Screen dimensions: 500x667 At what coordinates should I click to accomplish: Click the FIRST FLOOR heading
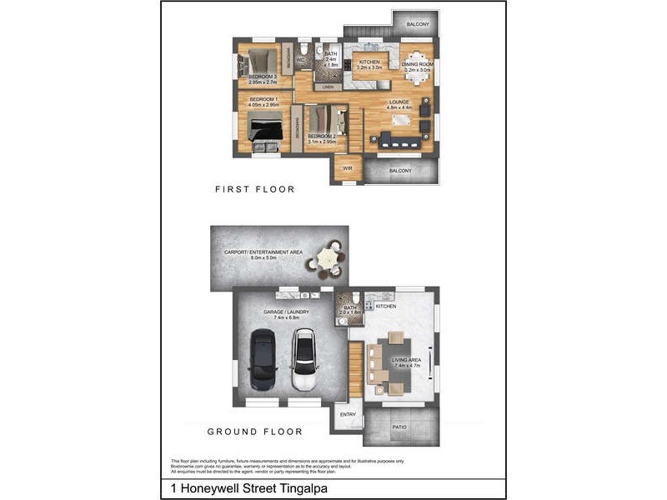254,189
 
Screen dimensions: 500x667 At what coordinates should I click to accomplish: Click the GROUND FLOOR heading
254,432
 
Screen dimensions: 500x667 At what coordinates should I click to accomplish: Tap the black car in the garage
263,359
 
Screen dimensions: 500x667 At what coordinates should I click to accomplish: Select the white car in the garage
303,359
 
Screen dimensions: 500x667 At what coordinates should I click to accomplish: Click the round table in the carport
326,261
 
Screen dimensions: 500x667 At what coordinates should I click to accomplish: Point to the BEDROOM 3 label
263,77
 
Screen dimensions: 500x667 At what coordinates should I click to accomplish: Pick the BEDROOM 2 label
321,136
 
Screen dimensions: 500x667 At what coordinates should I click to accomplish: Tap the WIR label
347,167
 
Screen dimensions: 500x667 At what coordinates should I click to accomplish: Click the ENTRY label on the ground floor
347,413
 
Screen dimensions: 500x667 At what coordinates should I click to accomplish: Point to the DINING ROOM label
416,64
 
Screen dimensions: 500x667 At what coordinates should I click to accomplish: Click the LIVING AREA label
408,360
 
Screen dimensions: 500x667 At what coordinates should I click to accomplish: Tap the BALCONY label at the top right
418,25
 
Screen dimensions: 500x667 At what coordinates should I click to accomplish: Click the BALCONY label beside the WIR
400,170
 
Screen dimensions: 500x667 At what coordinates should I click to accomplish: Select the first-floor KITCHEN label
369,62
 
